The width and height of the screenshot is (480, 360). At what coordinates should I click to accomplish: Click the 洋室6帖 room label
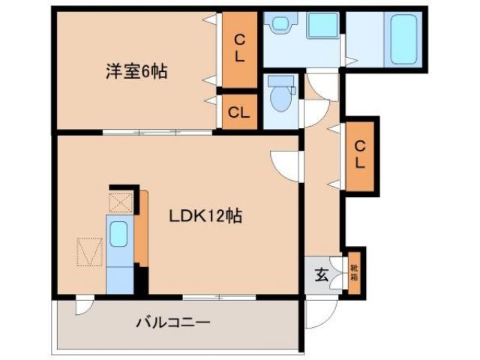[135, 72]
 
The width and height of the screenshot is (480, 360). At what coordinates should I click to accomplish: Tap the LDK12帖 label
[204, 217]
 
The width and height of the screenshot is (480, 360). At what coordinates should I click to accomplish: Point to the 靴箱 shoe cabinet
[353, 271]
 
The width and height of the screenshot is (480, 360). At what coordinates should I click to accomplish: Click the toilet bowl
[282, 96]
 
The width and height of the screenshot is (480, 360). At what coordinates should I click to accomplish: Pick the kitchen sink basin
[118, 235]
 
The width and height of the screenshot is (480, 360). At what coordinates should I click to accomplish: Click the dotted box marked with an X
[120, 202]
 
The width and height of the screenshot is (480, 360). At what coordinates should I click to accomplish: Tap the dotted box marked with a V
[90, 252]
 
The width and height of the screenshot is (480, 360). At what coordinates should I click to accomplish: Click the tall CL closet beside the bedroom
[238, 47]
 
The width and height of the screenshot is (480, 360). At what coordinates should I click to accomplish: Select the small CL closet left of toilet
[238, 114]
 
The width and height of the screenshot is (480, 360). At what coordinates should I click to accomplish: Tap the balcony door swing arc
[84, 305]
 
